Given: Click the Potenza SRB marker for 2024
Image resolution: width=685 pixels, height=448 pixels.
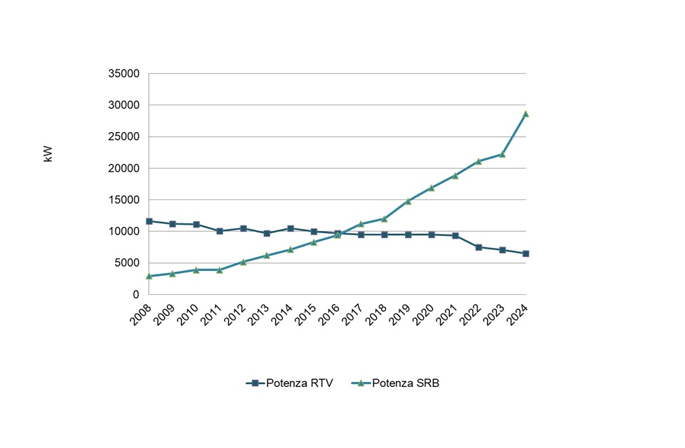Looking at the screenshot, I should click(526, 114).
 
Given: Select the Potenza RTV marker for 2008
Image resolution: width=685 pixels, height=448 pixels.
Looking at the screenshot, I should click(149, 221).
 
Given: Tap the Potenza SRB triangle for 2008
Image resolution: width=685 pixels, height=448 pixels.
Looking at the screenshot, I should click(149, 276).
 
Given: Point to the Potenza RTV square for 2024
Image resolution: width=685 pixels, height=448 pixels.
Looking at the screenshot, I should click(526, 253).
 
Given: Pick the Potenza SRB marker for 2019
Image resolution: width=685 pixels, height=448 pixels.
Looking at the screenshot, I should click(408, 201).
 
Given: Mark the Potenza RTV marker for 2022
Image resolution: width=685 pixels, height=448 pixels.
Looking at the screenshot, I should click(479, 247).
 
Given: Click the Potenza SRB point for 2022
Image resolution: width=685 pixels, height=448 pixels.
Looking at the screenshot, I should click(479, 162).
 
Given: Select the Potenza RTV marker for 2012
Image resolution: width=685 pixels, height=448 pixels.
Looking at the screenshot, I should click(243, 228).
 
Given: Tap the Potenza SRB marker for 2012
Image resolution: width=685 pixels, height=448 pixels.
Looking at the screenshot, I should click(243, 262).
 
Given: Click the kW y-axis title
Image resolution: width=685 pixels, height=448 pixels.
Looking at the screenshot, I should click(48, 154).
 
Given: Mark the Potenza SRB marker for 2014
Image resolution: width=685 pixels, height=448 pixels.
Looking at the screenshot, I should click(290, 249).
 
